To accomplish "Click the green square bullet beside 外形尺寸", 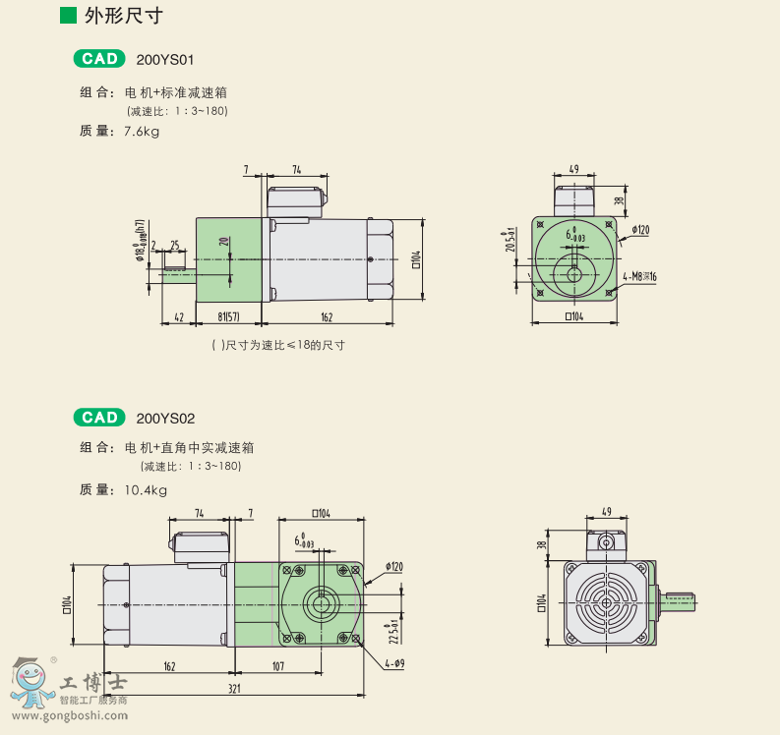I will pyautogui.click(x=67, y=15).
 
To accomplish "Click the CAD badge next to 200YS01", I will pyautogui.click(x=99, y=59).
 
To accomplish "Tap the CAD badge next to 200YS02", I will pyautogui.click(x=99, y=418).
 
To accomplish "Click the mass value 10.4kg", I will pyautogui.click(x=145, y=489).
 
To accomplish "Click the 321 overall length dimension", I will pyautogui.click(x=235, y=689).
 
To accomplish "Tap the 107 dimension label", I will pyautogui.click(x=276, y=666).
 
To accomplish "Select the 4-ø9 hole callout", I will pyautogui.click(x=395, y=663).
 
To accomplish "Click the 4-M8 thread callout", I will pyautogui.click(x=640, y=277).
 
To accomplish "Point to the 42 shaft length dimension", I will pyautogui.click(x=179, y=317).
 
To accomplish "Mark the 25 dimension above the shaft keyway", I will pyautogui.click(x=174, y=245).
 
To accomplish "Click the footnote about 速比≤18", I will pyautogui.click(x=278, y=345).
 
